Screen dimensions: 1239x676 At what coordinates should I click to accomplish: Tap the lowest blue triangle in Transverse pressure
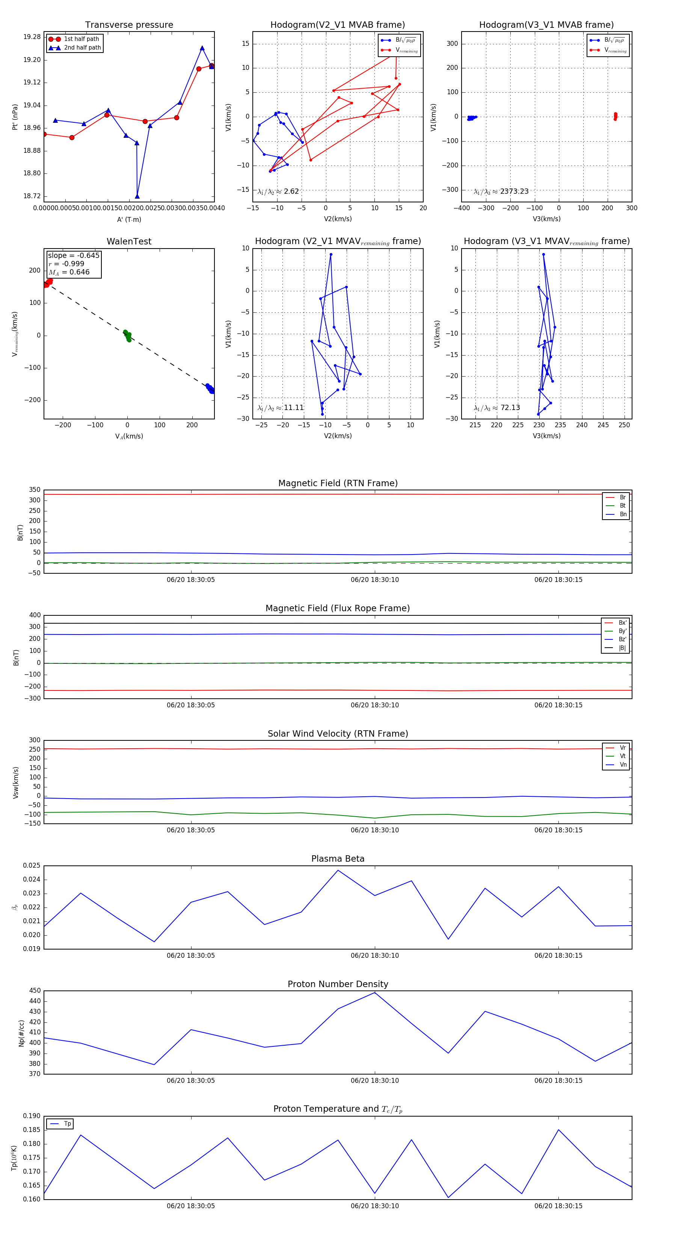(x=137, y=196)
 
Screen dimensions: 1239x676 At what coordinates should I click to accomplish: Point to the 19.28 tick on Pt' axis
(x=32, y=37)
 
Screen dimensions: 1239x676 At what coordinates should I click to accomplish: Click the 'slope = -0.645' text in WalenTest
(x=74, y=255)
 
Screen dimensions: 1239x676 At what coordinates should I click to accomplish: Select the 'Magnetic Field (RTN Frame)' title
(x=338, y=483)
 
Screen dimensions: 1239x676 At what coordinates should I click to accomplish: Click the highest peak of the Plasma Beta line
(x=338, y=870)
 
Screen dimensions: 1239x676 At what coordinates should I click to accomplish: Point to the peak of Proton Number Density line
(x=375, y=992)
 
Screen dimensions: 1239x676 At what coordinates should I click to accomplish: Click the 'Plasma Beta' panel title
(x=338, y=859)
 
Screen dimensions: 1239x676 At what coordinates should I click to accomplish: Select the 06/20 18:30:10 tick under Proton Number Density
(x=375, y=1080)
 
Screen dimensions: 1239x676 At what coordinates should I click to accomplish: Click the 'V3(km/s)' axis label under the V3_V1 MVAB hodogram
(x=546, y=219)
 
